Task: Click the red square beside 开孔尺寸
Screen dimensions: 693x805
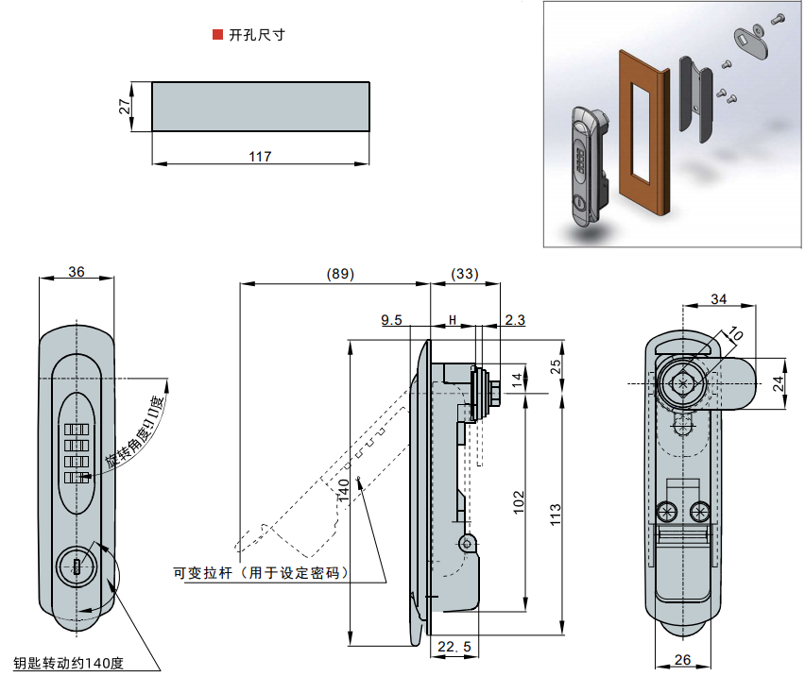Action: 218,35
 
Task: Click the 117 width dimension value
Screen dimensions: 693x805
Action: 261,157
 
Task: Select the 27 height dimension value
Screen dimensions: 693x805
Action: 125,107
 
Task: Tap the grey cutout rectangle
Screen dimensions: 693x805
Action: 261,107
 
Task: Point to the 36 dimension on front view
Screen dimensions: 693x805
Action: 77,272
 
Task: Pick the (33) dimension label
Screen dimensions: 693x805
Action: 464,274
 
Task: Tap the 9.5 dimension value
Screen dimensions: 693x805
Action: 392,321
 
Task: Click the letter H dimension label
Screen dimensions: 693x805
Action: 453,321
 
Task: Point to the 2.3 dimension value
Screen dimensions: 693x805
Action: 515,321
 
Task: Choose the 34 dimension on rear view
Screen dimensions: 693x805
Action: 719,299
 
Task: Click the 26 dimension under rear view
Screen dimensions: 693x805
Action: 682,660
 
